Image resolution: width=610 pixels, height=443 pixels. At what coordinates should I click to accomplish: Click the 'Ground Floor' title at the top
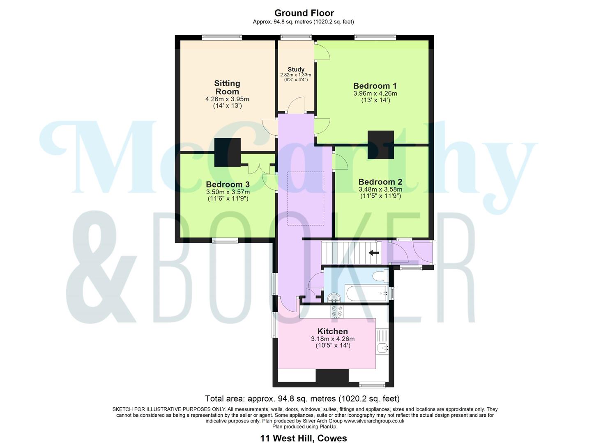pos(304,13)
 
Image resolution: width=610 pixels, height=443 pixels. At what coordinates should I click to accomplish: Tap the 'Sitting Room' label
pos(227,87)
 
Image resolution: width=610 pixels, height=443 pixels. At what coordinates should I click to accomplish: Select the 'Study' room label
pos(296,69)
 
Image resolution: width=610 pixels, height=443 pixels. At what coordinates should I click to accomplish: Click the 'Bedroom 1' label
pos(375,86)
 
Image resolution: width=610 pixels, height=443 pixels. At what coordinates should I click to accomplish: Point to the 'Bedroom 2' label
pos(380,182)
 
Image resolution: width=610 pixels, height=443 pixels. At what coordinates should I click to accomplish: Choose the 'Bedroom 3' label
pos(228,184)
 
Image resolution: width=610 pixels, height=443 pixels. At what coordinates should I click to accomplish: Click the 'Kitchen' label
pos(332,331)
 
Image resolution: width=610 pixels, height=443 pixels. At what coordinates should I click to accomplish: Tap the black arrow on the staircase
pos(373,253)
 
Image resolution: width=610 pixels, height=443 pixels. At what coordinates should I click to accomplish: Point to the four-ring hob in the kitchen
pos(337,311)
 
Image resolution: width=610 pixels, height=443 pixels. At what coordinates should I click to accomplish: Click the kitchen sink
pos(383,348)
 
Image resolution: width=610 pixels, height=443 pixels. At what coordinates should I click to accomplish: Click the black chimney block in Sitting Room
pos(227,152)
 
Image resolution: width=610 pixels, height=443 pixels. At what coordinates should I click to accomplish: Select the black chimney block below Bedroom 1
pos(380,145)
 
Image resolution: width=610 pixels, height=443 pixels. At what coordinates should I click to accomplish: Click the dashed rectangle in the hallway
pos(305,198)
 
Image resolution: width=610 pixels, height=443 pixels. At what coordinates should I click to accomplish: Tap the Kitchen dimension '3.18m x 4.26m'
pos(332,339)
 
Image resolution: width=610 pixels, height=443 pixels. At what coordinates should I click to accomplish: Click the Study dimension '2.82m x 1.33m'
pos(296,75)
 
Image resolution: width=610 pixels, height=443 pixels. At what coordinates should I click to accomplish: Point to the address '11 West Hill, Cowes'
pos(304,438)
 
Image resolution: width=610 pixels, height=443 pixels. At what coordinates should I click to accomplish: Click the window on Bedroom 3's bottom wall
pos(225,241)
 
